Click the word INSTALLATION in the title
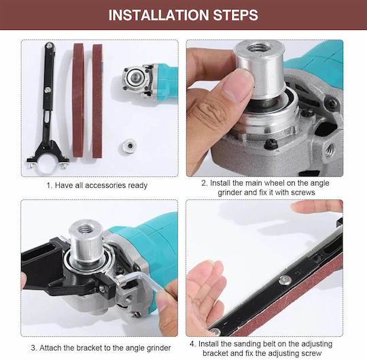coord(159,15)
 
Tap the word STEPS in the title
coord(236,15)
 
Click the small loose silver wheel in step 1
coord(128,146)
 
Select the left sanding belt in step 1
coord(78,100)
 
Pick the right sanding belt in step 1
coord(97,101)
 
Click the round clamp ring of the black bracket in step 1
coord(48,167)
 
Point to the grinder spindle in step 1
coord(135,78)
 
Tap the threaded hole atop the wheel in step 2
coord(258,48)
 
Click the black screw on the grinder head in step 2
coord(271,144)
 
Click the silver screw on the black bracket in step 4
coord(285,280)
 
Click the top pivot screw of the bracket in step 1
coord(50,46)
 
